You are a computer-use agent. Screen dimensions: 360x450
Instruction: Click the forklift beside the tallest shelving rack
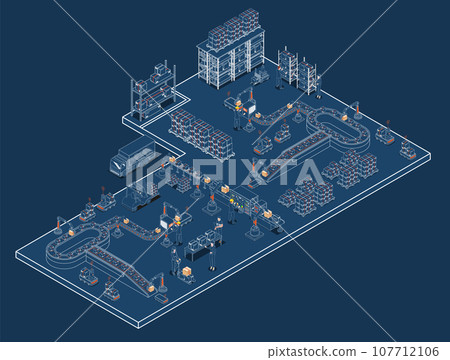click(x=262, y=75)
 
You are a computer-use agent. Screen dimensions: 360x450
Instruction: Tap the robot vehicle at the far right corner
click(x=407, y=150)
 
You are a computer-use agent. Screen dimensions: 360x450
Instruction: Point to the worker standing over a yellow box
click(x=175, y=263)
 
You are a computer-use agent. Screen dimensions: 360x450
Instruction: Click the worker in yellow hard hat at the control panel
click(x=231, y=206)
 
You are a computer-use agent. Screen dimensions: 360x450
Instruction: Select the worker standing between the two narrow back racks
click(x=297, y=71)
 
